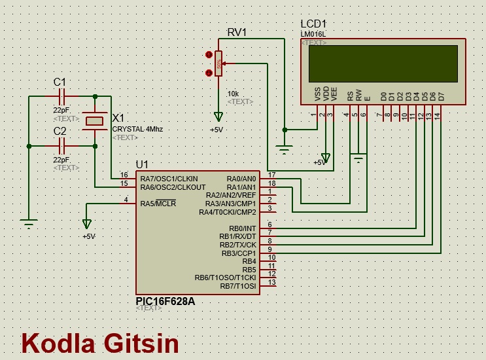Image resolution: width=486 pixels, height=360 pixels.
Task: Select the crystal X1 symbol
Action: [x=95, y=120]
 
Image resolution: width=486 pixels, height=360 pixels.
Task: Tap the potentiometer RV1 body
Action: [x=218, y=63]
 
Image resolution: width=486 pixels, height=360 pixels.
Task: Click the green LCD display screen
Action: [x=383, y=63]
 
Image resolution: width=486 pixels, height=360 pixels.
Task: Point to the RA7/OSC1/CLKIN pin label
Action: [x=169, y=179]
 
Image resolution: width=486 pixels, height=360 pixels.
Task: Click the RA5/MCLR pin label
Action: [x=158, y=204]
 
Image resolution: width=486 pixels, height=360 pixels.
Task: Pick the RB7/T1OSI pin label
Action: [x=238, y=286]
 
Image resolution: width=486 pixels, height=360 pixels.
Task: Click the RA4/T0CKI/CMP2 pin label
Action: [x=228, y=212]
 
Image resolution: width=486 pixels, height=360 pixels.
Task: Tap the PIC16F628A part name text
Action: [x=165, y=302]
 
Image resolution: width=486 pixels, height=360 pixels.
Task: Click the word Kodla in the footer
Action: [x=58, y=343]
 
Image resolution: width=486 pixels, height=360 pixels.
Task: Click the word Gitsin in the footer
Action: [x=140, y=343]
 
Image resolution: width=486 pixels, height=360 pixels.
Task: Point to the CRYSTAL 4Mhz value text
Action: [x=137, y=129]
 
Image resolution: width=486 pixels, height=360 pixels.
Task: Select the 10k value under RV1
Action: [x=233, y=94]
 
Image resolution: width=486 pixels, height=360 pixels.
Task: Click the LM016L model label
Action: [x=313, y=34]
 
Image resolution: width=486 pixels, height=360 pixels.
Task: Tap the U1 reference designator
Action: [x=142, y=164]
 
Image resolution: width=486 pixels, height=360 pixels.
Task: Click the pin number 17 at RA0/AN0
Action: [x=271, y=174]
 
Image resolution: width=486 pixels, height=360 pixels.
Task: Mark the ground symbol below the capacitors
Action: [x=28, y=224]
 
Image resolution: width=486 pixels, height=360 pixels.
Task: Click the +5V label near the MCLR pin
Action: [x=88, y=236]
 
